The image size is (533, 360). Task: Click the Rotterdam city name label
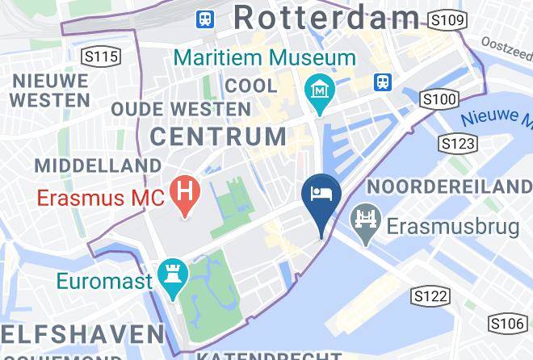(x=326, y=18)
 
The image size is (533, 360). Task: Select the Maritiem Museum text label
(x=264, y=58)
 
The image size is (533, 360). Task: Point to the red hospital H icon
(x=187, y=195)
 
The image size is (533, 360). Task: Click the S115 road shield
(x=101, y=57)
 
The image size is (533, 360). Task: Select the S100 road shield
(x=439, y=98)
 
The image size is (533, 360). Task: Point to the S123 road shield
(x=457, y=144)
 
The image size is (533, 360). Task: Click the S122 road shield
(x=429, y=296)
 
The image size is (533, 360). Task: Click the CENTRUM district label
(x=218, y=136)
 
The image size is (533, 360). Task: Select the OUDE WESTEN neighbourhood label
(x=180, y=108)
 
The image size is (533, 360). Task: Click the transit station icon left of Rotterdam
(x=206, y=18)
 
